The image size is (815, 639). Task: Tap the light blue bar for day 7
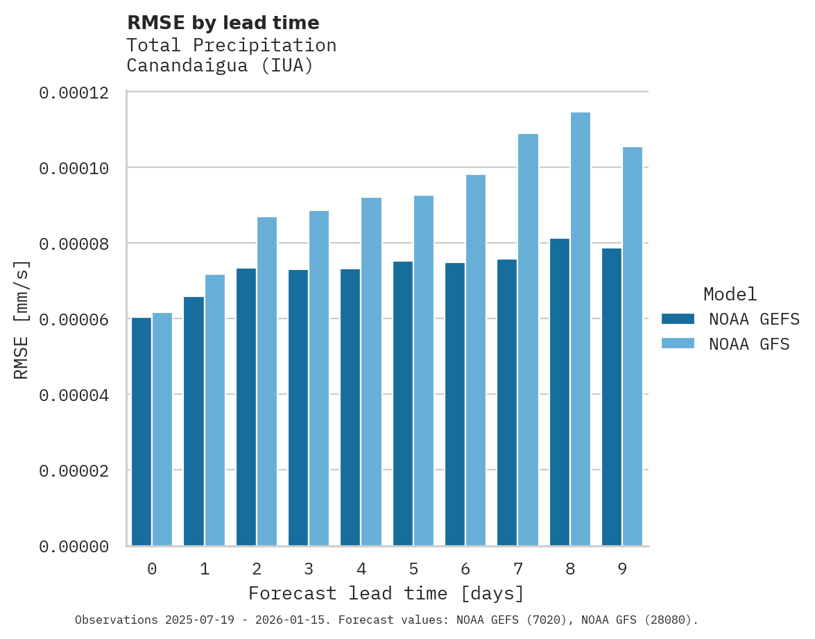528,339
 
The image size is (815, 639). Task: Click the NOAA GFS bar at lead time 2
267,382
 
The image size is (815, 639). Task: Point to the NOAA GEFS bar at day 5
403,403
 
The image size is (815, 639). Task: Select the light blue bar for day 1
215,410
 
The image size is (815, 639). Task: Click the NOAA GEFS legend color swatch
678,319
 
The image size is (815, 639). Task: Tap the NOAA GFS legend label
749,344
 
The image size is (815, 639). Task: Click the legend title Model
730,294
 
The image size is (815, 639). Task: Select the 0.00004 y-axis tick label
74,395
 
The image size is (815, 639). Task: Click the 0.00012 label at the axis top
74,93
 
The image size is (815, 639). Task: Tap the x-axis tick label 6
465,570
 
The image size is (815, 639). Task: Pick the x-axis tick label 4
361,570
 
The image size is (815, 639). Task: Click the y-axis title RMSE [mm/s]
22,320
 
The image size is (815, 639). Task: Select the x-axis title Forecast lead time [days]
386,594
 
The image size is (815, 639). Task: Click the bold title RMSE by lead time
223,23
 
